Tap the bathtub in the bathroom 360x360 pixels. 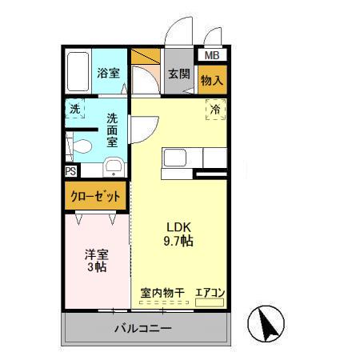point(78,72)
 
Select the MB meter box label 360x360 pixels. point(211,56)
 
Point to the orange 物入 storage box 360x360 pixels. point(212,80)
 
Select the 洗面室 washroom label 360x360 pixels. point(112,129)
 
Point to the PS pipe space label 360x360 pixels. point(70,170)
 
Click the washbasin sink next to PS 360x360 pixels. point(114,167)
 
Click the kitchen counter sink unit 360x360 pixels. point(178,158)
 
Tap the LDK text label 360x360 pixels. point(178,226)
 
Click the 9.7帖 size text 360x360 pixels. point(178,240)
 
